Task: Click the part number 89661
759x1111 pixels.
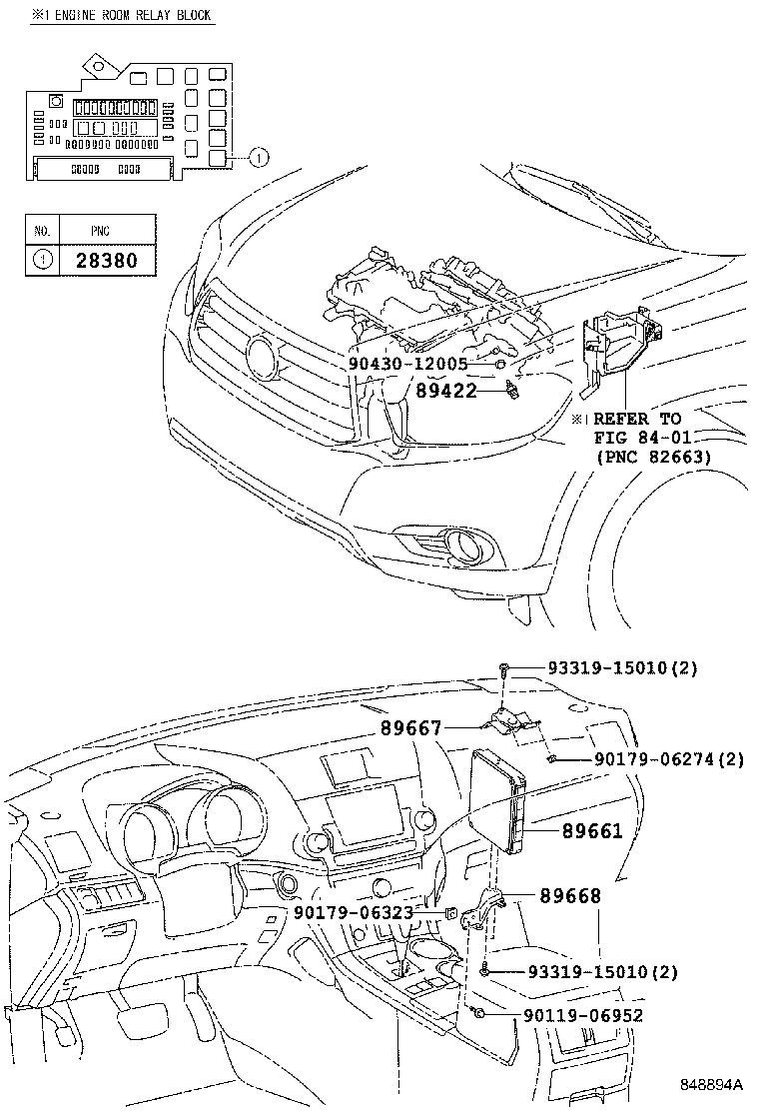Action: [591, 830]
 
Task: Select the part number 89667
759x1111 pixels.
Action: [410, 729]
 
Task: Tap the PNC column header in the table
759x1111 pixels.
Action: [101, 230]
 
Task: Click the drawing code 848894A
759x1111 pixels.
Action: [712, 1084]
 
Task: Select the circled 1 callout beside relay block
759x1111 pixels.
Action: [258, 156]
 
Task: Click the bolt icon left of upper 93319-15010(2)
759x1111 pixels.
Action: [507, 668]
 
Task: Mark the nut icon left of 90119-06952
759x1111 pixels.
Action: [480, 1014]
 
